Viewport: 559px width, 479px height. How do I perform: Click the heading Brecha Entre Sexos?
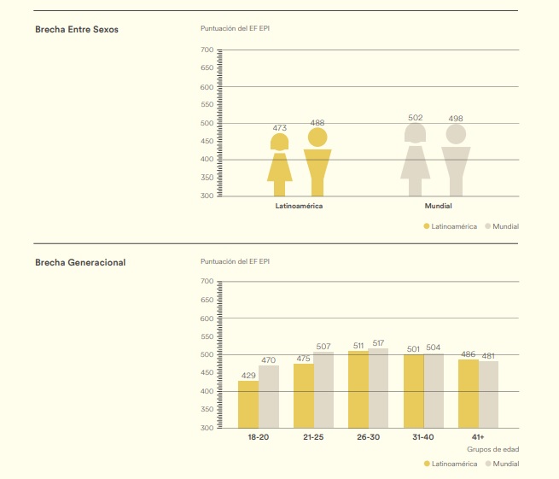(x=77, y=30)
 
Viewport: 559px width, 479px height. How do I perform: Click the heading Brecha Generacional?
(x=80, y=262)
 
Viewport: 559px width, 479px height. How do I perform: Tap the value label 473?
(x=280, y=128)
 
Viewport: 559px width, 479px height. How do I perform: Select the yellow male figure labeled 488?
(x=317, y=166)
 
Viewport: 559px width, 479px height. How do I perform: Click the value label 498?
(x=456, y=119)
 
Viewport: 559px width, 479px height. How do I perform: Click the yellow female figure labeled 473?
(x=280, y=166)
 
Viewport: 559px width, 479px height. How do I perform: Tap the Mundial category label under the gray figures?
(x=438, y=207)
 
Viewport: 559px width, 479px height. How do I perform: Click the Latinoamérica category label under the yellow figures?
(x=299, y=207)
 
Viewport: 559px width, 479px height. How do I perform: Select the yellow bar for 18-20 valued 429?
(x=248, y=404)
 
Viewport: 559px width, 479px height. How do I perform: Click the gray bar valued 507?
(x=323, y=389)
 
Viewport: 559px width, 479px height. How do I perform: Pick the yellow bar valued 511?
(x=358, y=388)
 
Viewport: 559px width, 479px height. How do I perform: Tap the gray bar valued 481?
(x=488, y=394)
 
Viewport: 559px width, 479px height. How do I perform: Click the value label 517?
(x=378, y=342)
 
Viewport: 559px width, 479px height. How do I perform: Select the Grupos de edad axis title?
(x=492, y=449)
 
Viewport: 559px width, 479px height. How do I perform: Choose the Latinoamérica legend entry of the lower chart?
(x=450, y=464)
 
